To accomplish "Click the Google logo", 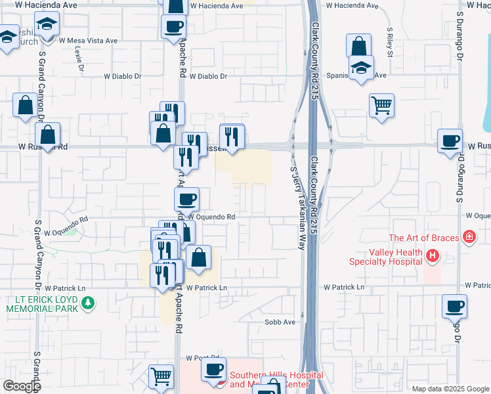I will (x=22, y=386).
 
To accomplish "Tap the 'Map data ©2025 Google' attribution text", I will (x=450, y=389).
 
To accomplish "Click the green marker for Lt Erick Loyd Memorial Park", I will (x=91, y=304).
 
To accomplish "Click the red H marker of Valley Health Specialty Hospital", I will (x=432, y=255).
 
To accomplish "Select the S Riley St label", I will (x=389, y=42).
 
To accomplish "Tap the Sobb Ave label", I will (x=280, y=322).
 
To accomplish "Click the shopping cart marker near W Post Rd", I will (x=161, y=377).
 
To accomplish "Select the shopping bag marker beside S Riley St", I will (x=358, y=47).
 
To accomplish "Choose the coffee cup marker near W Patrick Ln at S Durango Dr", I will (x=454, y=305).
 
